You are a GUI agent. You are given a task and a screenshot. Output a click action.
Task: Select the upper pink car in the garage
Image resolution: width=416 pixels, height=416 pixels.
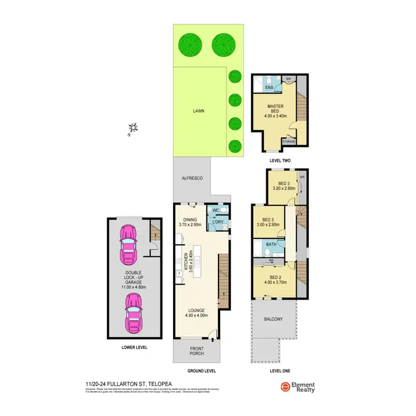[130, 245]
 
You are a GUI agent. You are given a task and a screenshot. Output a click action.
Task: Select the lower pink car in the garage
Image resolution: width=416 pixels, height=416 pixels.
[134, 313]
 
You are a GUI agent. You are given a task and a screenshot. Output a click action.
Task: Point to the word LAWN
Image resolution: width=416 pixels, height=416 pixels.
[199, 111]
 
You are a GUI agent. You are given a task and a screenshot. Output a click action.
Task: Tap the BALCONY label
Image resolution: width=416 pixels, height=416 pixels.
[274, 319]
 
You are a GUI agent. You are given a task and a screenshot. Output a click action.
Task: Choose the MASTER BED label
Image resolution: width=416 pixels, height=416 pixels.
[275, 109]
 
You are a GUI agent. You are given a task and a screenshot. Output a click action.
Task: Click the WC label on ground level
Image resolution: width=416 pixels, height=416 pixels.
[216, 210]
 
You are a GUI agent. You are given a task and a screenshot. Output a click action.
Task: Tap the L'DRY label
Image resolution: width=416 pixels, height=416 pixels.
[216, 222]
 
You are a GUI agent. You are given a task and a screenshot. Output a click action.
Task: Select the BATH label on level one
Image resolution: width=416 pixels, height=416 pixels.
[271, 244]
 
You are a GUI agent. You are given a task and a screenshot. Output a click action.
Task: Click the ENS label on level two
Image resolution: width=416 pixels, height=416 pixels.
[268, 88]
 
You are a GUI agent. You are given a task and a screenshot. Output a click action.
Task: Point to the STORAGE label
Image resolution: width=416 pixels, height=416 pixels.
[288, 142]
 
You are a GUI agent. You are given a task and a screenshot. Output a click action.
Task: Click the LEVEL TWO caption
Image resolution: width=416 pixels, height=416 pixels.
[280, 161]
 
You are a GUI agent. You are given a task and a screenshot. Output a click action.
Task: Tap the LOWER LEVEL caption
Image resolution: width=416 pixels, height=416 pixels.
[134, 347]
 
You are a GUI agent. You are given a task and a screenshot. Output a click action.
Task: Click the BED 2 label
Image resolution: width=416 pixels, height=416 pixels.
[275, 278]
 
